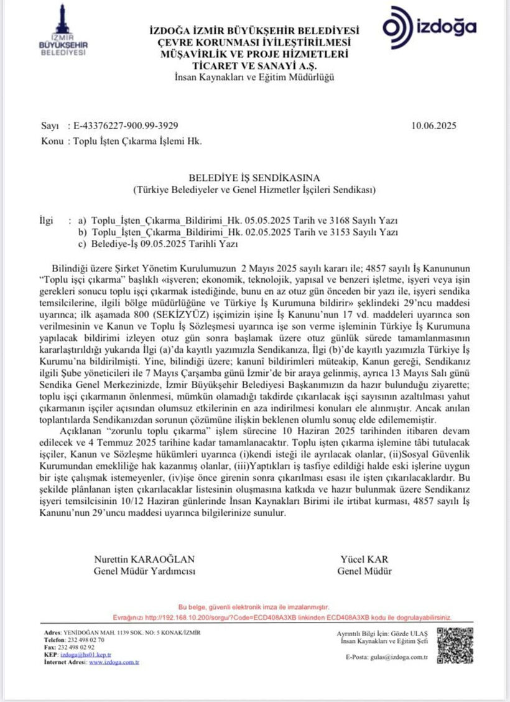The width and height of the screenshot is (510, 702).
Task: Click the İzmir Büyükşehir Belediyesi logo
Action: [63, 31]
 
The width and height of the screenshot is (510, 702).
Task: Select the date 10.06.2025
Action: [433, 125]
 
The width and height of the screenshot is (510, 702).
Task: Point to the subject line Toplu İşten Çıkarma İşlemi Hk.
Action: [137, 142]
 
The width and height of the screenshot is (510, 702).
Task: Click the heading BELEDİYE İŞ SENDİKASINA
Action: [254, 177]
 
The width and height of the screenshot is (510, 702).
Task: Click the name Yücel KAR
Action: [364, 559]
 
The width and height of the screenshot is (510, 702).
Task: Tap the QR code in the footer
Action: [458, 645]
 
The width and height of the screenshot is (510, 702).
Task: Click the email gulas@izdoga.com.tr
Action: [404, 657]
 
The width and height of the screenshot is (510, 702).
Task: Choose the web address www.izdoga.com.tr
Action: [114, 662]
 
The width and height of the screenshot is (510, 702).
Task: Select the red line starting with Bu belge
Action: [254, 606]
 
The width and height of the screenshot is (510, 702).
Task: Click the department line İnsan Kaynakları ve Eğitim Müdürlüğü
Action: [254, 77]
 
